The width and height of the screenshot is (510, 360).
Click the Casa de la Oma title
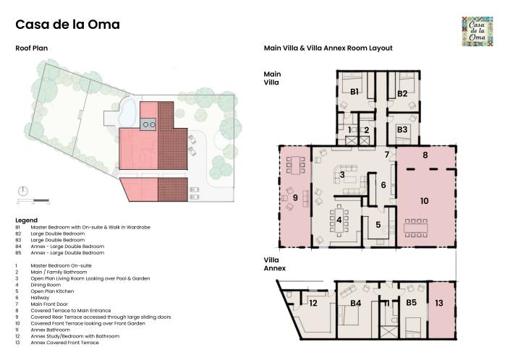point(67,25)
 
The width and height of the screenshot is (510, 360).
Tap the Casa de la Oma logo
point(478,32)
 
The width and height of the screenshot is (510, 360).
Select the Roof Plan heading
point(32,48)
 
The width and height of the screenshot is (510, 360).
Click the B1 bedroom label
point(355,92)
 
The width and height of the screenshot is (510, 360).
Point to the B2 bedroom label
point(402,93)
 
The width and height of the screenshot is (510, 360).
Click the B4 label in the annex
point(356,304)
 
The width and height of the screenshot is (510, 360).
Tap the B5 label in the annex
point(411,304)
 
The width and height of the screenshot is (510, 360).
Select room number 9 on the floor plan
point(294,197)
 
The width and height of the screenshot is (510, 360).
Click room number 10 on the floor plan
point(425,200)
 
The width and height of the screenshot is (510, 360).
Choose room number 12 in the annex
point(313,304)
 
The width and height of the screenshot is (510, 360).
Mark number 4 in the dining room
point(339,220)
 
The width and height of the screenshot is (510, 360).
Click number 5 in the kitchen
point(377,224)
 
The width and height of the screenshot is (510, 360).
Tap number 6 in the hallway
point(383,184)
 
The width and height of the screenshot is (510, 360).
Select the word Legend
point(26,219)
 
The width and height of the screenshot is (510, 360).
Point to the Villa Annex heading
point(274,264)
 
